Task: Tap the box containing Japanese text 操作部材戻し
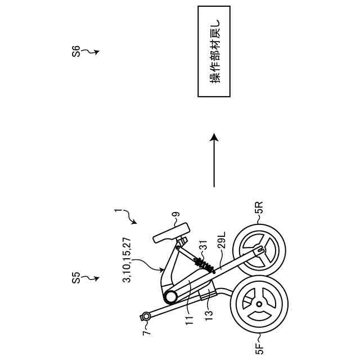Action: pos(214,51)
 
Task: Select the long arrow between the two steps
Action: pos(214,160)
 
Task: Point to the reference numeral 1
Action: pos(118,212)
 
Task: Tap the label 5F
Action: pos(259,344)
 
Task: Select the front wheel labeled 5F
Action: pos(258,304)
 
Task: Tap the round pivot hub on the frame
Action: pos(171,296)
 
